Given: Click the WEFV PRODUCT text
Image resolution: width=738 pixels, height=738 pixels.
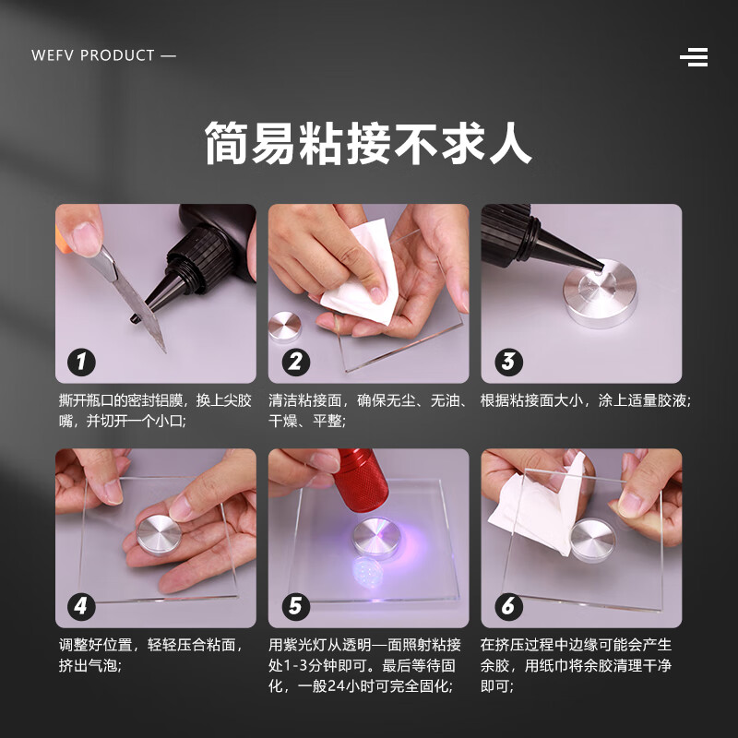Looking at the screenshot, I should pyautogui.click(x=102, y=55).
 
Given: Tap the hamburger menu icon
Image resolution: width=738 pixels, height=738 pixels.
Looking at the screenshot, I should pyautogui.click(x=694, y=57).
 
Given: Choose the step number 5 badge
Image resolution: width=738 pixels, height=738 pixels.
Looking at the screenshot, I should pyautogui.click(x=294, y=606).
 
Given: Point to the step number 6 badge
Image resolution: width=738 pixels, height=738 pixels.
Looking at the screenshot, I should pyautogui.click(x=507, y=606).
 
